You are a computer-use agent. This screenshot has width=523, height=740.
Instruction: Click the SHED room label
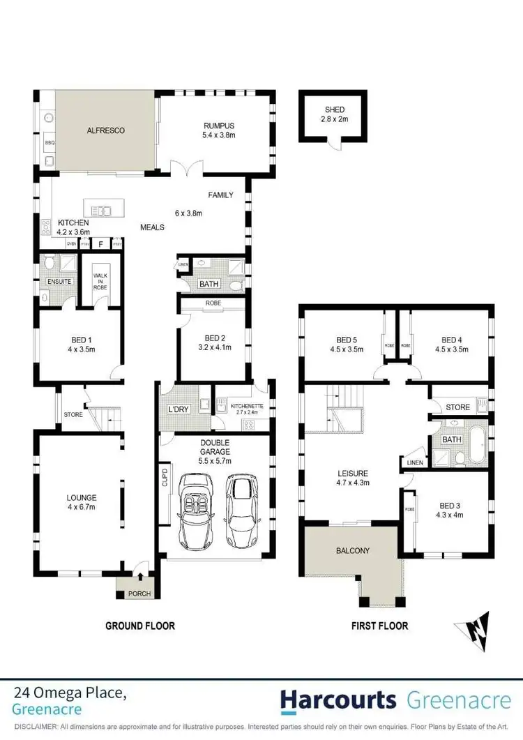(334, 110)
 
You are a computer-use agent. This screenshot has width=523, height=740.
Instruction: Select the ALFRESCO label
(105, 130)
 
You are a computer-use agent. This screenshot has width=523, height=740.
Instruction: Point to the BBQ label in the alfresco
(50, 142)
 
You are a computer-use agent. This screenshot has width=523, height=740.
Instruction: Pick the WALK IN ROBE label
(99, 281)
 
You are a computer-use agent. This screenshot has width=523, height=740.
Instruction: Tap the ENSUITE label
(54, 282)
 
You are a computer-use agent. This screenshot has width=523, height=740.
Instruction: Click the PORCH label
(139, 594)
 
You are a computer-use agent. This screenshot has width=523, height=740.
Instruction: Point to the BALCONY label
(352, 550)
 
